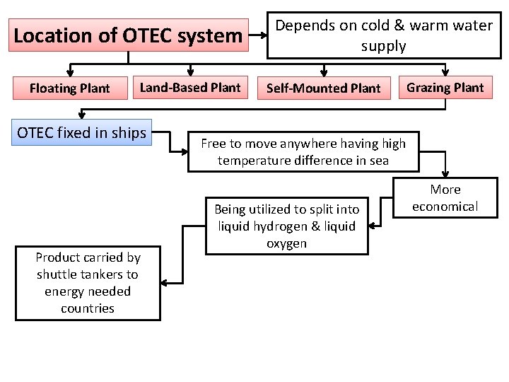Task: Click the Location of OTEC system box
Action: click(x=128, y=35)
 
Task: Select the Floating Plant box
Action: click(x=69, y=88)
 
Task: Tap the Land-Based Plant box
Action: click(x=190, y=88)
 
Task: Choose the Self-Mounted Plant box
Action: click(x=323, y=88)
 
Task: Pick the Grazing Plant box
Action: click(x=445, y=88)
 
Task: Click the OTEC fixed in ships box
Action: click(x=82, y=132)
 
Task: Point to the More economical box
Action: click(x=445, y=198)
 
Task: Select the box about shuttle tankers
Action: click(x=88, y=283)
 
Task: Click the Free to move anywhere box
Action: click(x=303, y=152)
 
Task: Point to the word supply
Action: click(x=383, y=47)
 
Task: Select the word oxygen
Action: click(x=287, y=243)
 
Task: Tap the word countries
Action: click(x=88, y=308)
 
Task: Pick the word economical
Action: click(x=445, y=207)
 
